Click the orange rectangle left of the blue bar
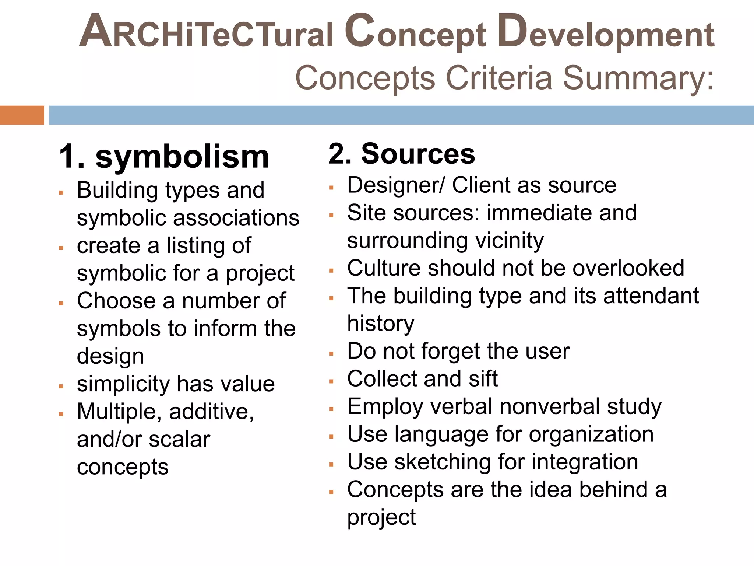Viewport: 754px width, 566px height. coord(22,115)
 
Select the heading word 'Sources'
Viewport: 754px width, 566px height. coord(418,154)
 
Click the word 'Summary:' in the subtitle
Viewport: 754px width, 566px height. coord(638,78)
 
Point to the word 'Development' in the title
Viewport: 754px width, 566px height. coord(606,32)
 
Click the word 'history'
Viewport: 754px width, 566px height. coord(381,324)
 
